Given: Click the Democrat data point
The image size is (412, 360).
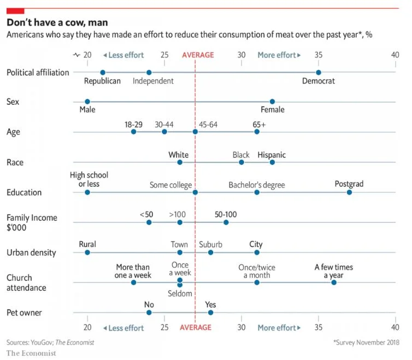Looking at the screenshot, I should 319,72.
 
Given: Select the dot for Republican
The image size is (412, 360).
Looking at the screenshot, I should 103,72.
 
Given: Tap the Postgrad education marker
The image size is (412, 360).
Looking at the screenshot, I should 349,192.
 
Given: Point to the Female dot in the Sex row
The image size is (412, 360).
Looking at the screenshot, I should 272,102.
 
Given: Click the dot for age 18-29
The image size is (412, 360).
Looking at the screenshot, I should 133,132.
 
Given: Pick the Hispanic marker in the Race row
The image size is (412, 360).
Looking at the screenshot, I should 272,162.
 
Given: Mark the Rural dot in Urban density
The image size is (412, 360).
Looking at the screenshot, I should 87,252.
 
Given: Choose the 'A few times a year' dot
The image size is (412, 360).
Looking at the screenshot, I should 334,282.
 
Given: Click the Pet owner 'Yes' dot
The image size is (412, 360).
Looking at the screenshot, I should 210,312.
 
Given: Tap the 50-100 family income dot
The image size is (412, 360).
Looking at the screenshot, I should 226,222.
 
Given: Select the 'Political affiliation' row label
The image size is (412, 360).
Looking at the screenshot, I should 38,72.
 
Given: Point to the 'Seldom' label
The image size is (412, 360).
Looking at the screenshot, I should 180,294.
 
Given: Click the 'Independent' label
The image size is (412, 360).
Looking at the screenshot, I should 153,81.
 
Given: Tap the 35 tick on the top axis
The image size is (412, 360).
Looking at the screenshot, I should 319,55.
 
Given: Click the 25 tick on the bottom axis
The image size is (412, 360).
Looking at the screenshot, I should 164,328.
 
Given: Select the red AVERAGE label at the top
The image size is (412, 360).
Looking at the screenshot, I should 198,55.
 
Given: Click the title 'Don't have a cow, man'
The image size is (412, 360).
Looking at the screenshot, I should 57,22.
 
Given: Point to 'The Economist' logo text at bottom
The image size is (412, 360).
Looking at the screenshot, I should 31,353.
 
